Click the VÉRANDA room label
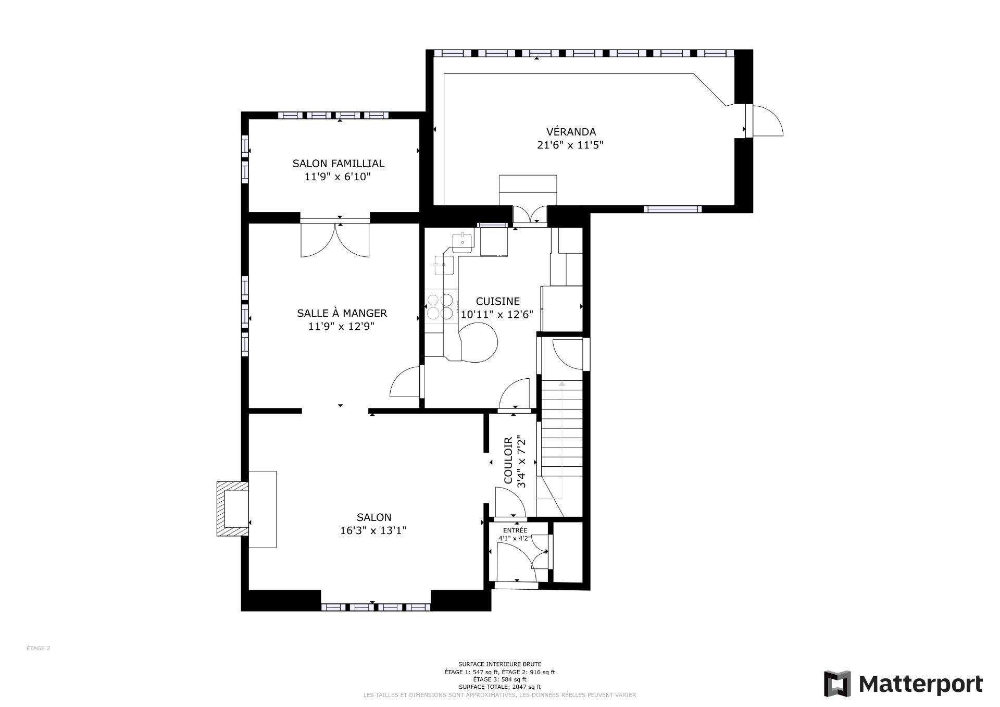(570, 132)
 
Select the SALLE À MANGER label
(342, 313)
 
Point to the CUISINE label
(497, 301)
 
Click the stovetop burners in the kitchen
(440, 306)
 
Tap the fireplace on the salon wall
(232, 508)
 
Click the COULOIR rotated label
(508, 461)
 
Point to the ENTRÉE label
(515, 530)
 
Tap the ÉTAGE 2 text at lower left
(38, 649)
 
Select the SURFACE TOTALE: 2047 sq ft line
(499, 687)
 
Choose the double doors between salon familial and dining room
(335, 240)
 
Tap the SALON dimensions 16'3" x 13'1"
(373, 531)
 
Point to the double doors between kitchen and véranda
(529, 214)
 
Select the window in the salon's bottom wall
(376, 607)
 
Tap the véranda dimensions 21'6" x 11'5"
(570, 145)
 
